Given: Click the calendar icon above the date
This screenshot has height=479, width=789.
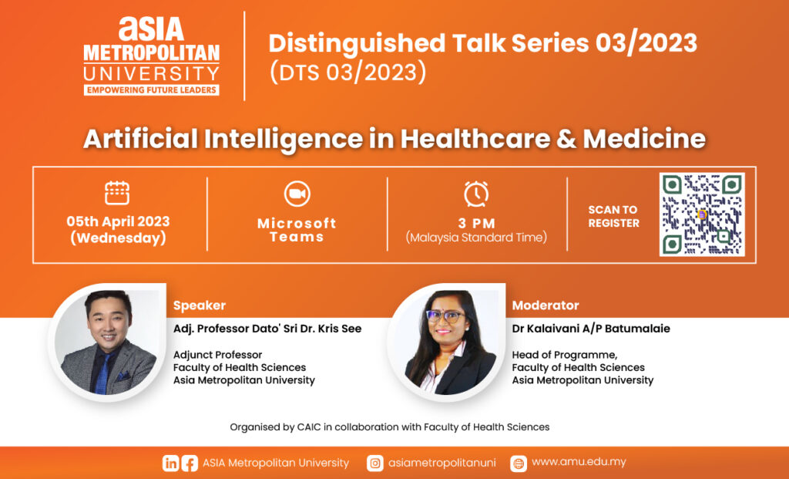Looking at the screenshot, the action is pyautogui.click(x=117, y=193).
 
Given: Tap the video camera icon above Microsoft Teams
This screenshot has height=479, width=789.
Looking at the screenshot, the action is pyautogui.click(x=297, y=194).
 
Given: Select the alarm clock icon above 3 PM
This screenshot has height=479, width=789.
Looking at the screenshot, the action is pyautogui.click(x=476, y=194).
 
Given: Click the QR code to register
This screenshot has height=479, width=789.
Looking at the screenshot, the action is pyautogui.click(x=702, y=214).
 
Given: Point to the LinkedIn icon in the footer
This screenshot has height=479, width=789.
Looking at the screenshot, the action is pyautogui.click(x=170, y=463).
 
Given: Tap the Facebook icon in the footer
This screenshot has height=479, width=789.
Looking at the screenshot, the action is pyautogui.click(x=190, y=463).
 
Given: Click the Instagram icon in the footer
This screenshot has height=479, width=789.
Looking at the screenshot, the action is pyautogui.click(x=375, y=463).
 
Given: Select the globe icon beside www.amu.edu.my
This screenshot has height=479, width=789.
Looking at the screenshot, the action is pyautogui.click(x=519, y=463).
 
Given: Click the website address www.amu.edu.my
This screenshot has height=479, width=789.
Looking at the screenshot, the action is pyautogui.click(x=579, y=462).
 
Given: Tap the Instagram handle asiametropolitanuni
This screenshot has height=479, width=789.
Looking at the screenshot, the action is pyautogui.click(x=442, y=463).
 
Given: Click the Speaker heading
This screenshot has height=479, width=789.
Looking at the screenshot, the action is pyautogui.click(x=200, y=305).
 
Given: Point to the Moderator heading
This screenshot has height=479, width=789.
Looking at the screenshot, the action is pyautogui.click(x=546, y=305).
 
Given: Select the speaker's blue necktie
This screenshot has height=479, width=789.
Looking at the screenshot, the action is pyautogui.click(x=103, y=373).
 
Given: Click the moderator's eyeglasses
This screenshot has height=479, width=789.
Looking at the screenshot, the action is pyautogui.click(x=445, y=316).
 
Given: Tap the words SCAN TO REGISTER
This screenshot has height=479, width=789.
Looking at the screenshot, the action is pyautogui.click(x=613, y=216).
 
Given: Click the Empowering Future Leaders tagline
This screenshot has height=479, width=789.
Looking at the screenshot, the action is pyautogui.click(x=152, y=90).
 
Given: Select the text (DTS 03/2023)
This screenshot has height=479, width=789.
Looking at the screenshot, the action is pyautogui.click(x=347, y=72).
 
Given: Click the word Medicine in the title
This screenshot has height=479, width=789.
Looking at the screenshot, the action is pyautogui.click(x=644, y=138).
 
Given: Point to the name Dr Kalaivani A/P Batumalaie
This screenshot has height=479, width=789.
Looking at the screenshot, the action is pyautogui.click(x=591, y=329).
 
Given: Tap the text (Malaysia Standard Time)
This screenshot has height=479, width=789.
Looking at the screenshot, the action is pyautogui.click(x=476, y=238).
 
